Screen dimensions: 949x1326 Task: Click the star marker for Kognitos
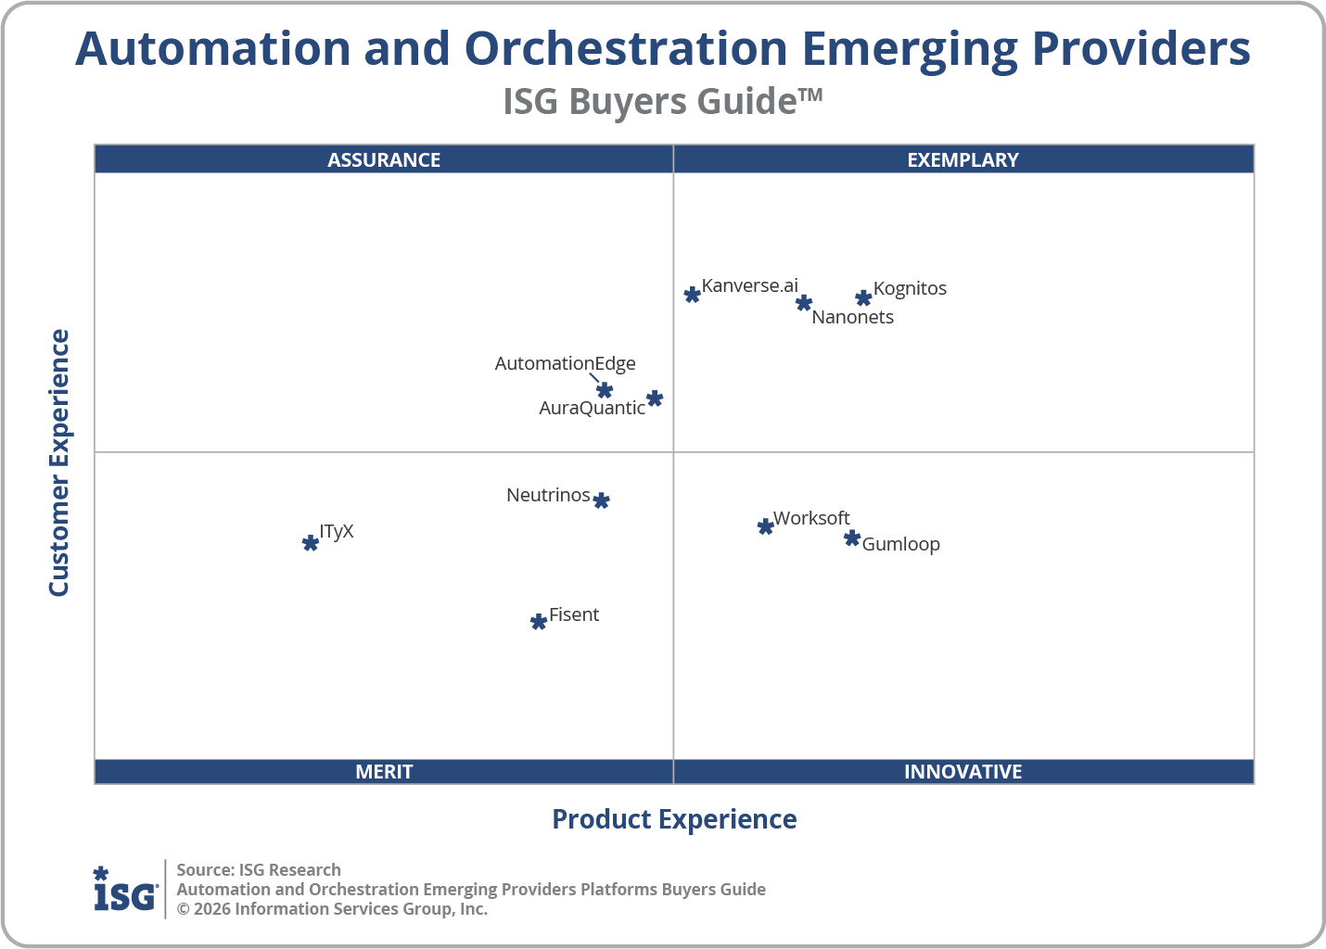(863, 297)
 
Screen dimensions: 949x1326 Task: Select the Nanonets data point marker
(804, 303)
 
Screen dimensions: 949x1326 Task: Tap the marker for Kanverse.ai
(692, 295)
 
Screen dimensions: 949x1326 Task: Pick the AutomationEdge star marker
(605, 390)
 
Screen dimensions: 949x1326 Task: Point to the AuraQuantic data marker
(655, 399)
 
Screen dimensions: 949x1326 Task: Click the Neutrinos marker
(601, 500)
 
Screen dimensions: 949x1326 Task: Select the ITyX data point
(311, 542)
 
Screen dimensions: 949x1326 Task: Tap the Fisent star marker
(539, 621)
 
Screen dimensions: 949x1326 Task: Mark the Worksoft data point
(765, 526)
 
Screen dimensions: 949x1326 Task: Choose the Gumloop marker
(852, 538)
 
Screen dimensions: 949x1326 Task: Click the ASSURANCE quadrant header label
(384, 159)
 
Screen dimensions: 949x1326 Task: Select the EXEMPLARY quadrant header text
(963, 159)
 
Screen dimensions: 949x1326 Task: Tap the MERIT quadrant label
(384, 771)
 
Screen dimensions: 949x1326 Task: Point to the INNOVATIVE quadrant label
(963, 771)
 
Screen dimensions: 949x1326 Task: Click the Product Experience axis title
(674, 819)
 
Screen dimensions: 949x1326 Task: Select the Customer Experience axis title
(59, 462)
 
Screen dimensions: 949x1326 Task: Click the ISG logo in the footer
(125, 890)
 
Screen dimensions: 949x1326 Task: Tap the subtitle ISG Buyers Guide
(662, 101)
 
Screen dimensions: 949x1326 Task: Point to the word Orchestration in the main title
(626, 49)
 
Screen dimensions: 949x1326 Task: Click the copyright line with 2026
(332, 909)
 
